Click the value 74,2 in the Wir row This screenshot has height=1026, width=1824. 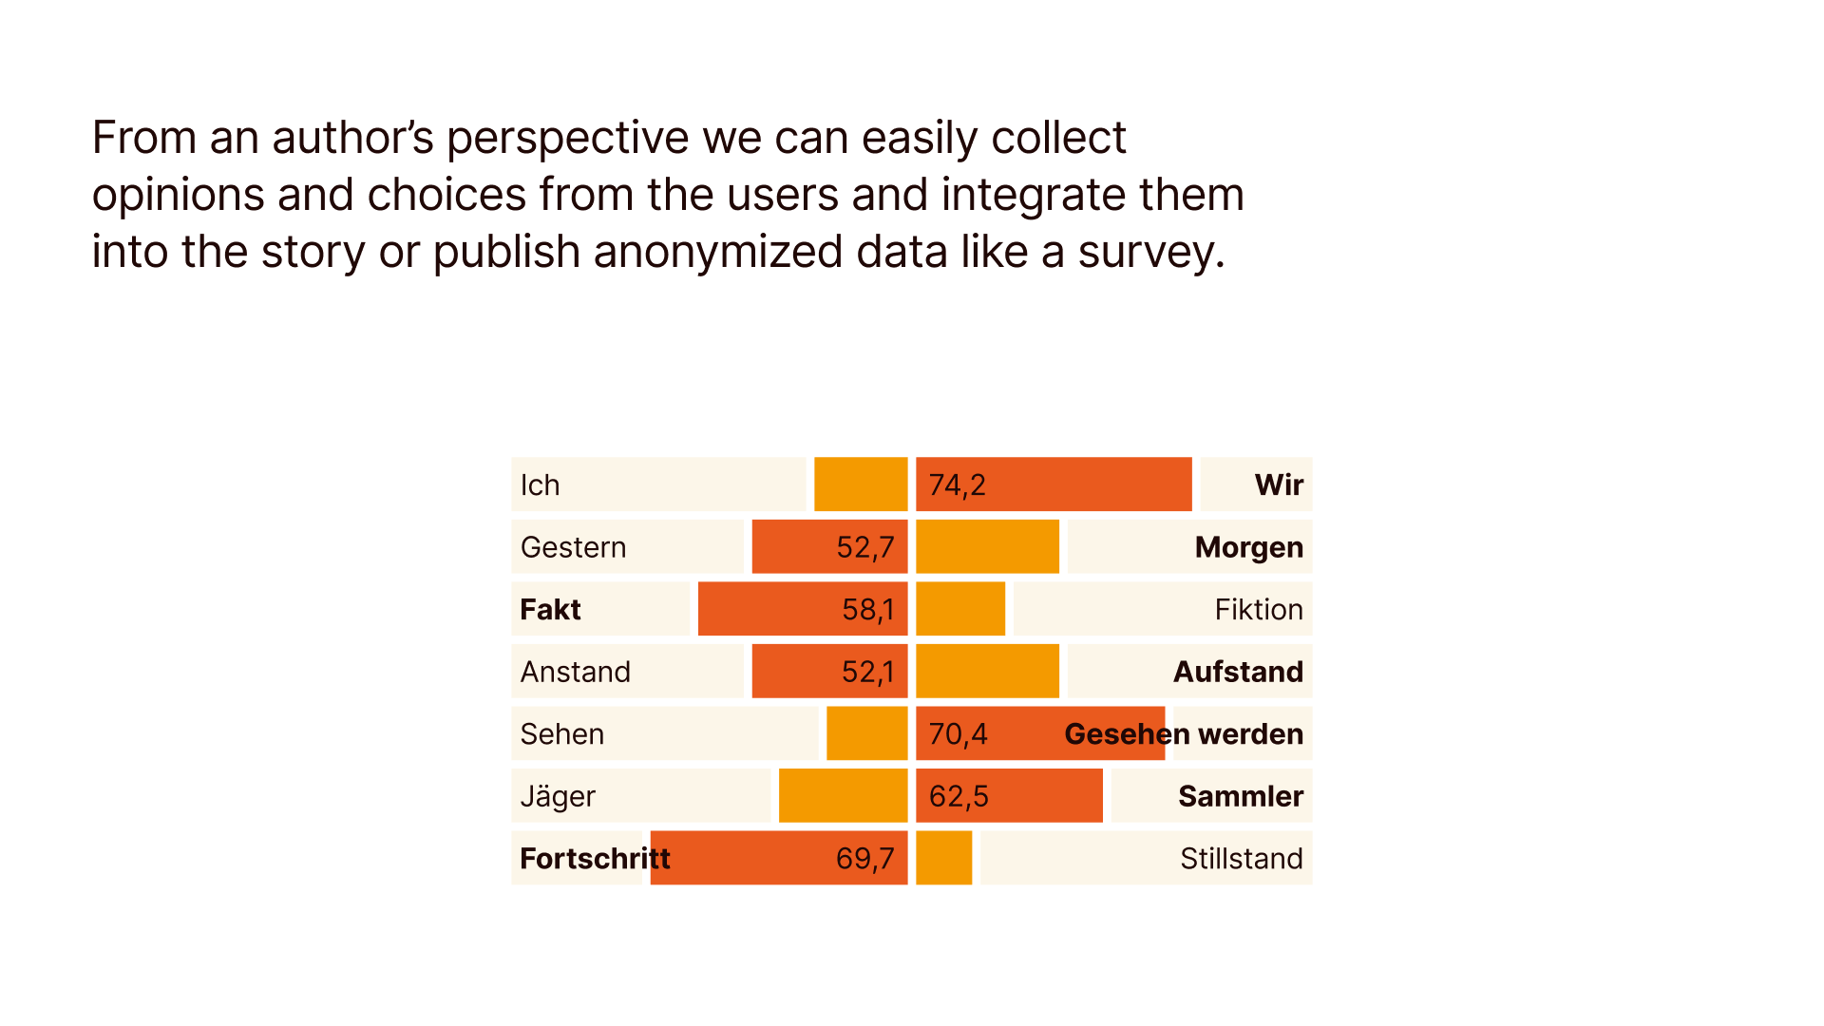958,485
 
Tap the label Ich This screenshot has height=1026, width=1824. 540,485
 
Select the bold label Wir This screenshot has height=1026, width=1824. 1279,485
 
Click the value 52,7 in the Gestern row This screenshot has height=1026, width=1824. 864,547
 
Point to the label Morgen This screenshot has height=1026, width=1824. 1248,547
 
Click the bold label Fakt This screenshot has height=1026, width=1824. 550,610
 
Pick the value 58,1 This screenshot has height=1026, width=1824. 867,610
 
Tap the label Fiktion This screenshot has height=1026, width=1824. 1258,610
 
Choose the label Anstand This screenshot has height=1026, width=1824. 575,672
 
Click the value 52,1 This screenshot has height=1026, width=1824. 867,672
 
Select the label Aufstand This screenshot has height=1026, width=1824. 1238,672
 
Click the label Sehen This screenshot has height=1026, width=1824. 561,734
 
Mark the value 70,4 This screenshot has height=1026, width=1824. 958,734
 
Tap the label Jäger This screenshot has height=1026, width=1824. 558,796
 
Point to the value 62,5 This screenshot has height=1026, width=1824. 958,796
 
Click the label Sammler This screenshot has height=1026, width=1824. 1240,796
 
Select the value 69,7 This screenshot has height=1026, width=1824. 864,859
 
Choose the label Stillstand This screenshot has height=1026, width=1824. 1241,859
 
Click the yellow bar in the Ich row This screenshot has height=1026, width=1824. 861,484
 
